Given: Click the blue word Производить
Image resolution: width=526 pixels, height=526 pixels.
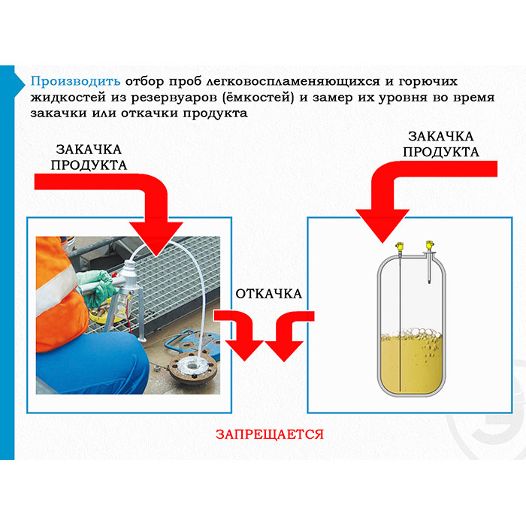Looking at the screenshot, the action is pos(75,81).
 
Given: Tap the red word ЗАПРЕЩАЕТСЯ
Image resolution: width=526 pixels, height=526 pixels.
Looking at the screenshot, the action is pos(270,434).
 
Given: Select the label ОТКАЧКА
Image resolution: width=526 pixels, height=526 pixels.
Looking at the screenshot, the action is pos(269,294).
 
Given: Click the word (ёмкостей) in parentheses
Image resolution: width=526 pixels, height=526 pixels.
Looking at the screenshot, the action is pos(258,97).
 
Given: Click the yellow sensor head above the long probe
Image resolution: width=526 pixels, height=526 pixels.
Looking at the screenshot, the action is pos(399,246).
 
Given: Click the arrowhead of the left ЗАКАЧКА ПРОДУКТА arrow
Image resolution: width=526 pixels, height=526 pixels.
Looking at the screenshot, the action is pos(156,238).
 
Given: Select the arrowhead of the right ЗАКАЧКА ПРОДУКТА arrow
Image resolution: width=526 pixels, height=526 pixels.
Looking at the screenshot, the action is pos(382,225).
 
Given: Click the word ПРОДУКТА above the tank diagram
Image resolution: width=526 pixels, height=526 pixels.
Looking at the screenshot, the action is pos(440,152).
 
